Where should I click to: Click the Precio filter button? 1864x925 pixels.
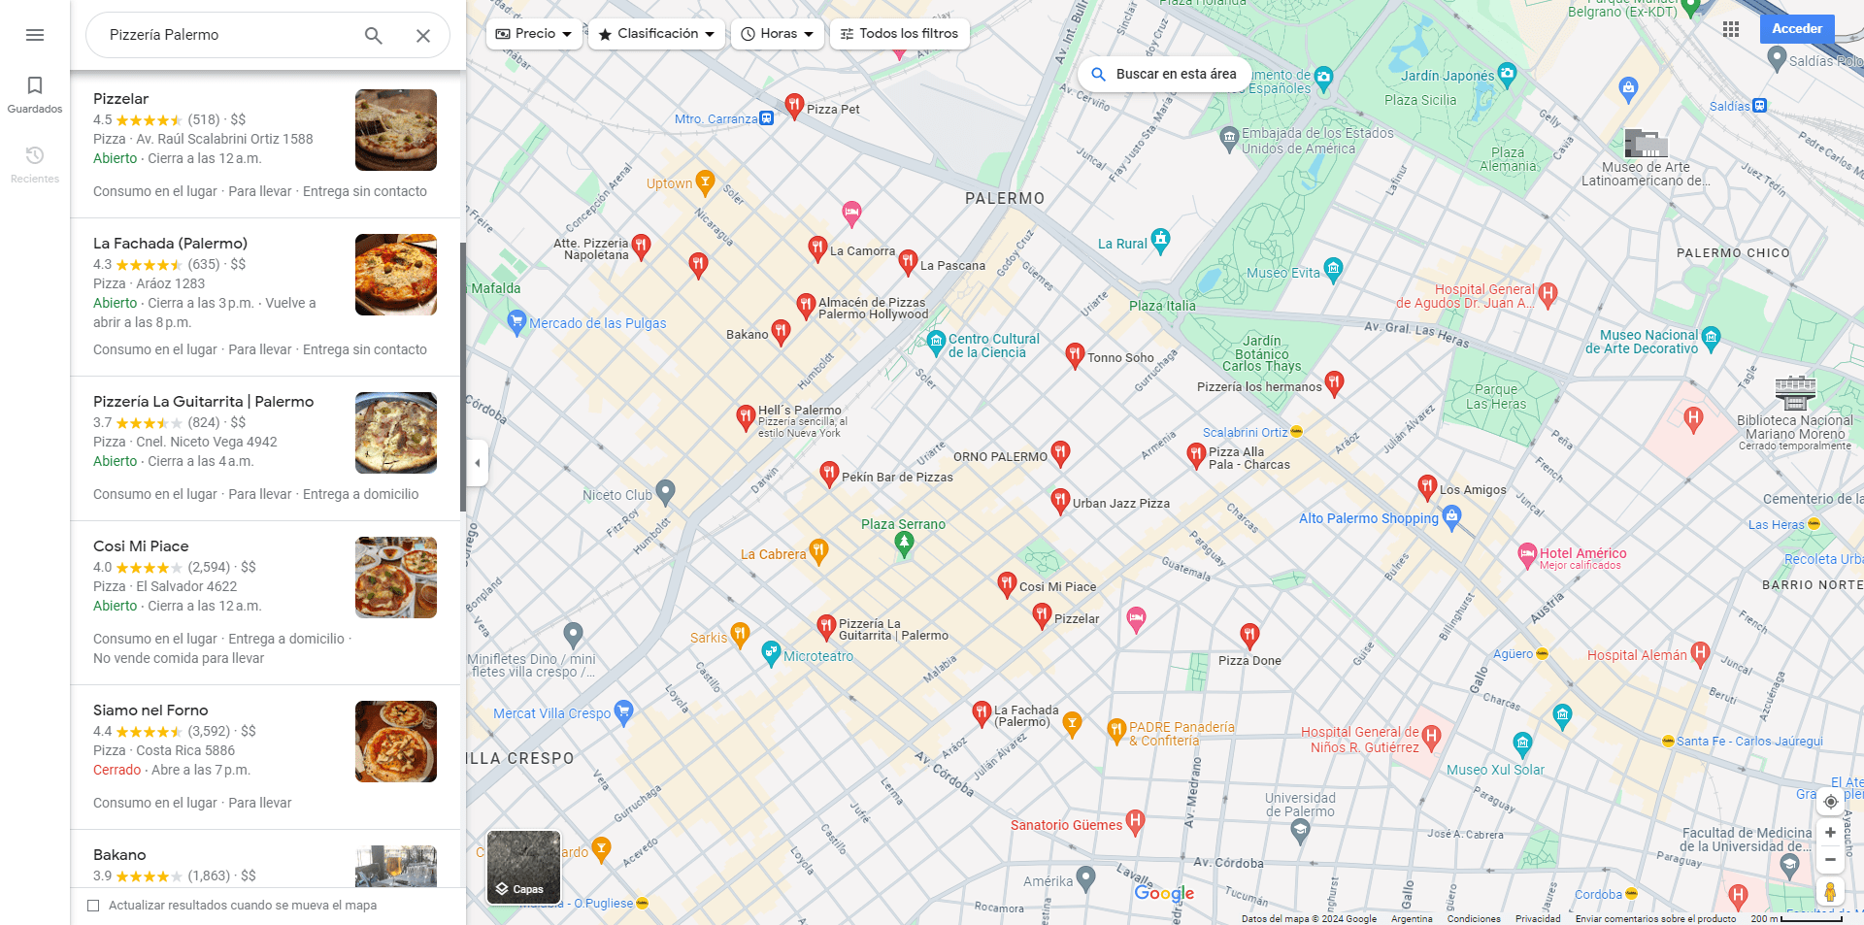(534, 34)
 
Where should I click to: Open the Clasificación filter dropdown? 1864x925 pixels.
(657, 34)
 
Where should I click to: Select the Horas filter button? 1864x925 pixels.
(777, 34)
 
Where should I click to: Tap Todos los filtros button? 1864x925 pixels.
(898, 34)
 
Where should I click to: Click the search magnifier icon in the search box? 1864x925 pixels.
(374, 36)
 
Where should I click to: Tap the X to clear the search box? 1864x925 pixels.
(423, 36)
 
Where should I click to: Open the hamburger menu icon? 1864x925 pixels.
(35, 35)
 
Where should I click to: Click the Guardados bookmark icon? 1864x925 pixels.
(35, 85)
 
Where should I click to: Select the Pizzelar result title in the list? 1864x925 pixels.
(121, 99)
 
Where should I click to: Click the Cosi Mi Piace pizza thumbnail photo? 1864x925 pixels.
(396, 578)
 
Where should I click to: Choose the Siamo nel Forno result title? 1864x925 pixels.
(150, 710)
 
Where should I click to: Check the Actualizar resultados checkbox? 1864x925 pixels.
(94, 906)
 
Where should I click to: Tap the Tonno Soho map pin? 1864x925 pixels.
(1075, 354)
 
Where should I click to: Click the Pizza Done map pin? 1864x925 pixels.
(1249, 635)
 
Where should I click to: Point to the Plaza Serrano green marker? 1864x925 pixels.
(904, 544)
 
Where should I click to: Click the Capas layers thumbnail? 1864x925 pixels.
(523, 867)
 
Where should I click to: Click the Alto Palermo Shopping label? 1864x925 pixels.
(1368, 518)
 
